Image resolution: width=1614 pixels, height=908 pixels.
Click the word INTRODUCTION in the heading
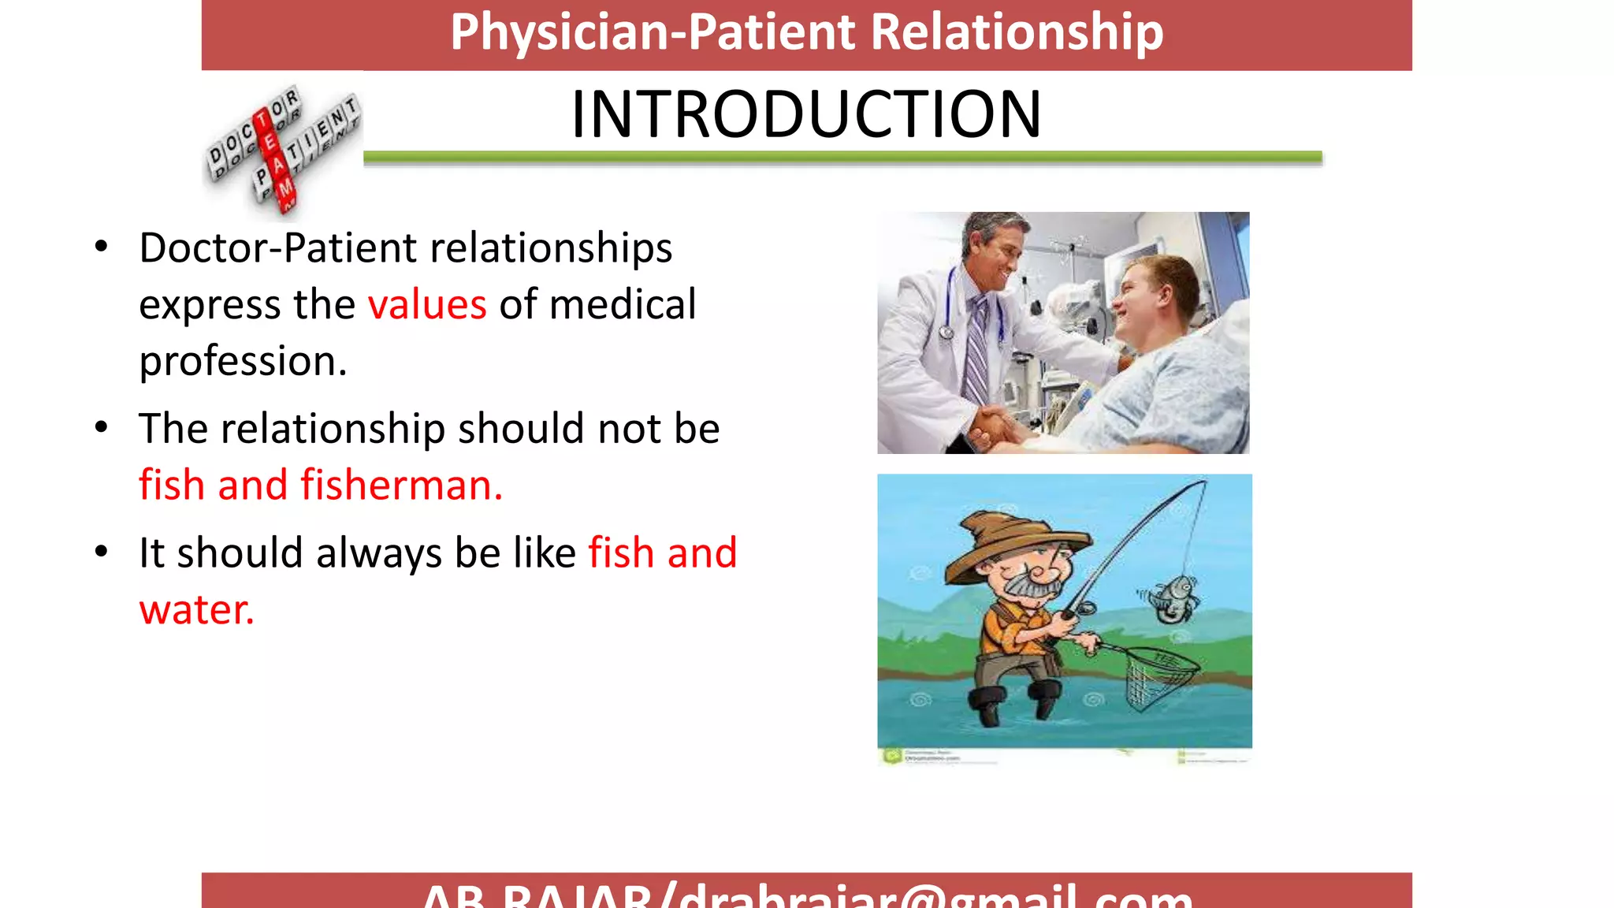(x=805, y=115)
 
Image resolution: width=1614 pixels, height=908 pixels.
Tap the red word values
(x=427, y=305)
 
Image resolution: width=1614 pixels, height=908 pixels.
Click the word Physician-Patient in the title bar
(x=653, y=32)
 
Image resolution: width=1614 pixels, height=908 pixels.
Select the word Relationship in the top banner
(x=1017, y=32)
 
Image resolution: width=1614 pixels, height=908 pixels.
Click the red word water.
(x=196, y=610)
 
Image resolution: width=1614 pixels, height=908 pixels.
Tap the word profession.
(x=243, y=362)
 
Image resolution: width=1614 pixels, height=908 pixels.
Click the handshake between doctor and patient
(x=995, y=426)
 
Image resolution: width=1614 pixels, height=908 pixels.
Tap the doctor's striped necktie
(x=977, y=347)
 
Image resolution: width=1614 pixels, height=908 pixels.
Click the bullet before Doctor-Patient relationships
(x=101, y=247)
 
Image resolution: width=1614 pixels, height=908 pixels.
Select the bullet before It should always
(x=101, y=552)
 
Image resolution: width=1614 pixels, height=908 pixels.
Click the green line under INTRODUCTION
(x=842, y=158)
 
